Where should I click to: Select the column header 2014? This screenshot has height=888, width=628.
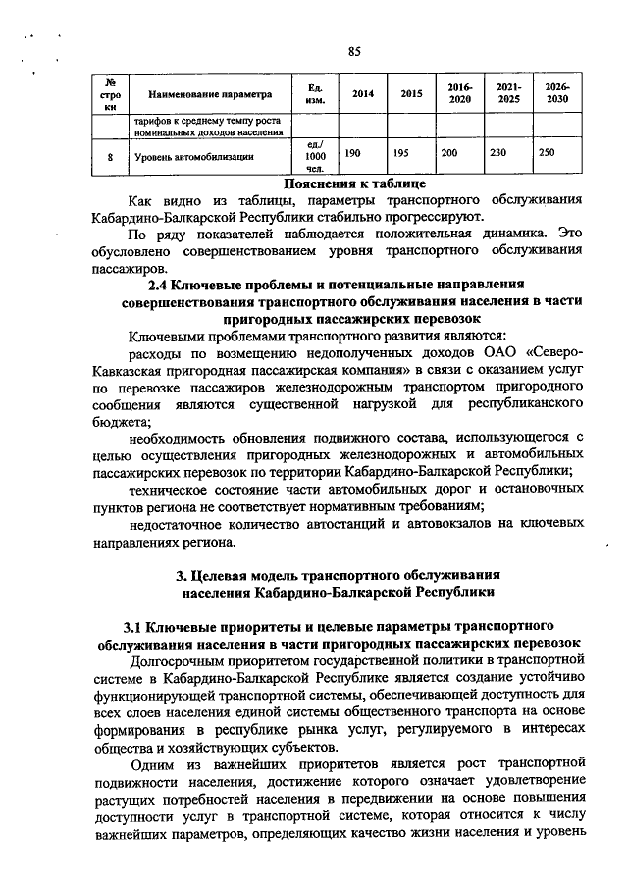click(362, 94)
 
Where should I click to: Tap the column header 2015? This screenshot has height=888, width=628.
click(412, 94)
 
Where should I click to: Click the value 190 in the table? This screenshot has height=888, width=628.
click(354, 155)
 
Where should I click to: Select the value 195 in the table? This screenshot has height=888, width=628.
click(401, 155)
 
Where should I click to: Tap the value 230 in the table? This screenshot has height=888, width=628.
click(498, 155)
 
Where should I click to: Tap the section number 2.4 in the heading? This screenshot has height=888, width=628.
click(158, 285)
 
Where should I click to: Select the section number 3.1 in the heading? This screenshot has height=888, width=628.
click(133, 624)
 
